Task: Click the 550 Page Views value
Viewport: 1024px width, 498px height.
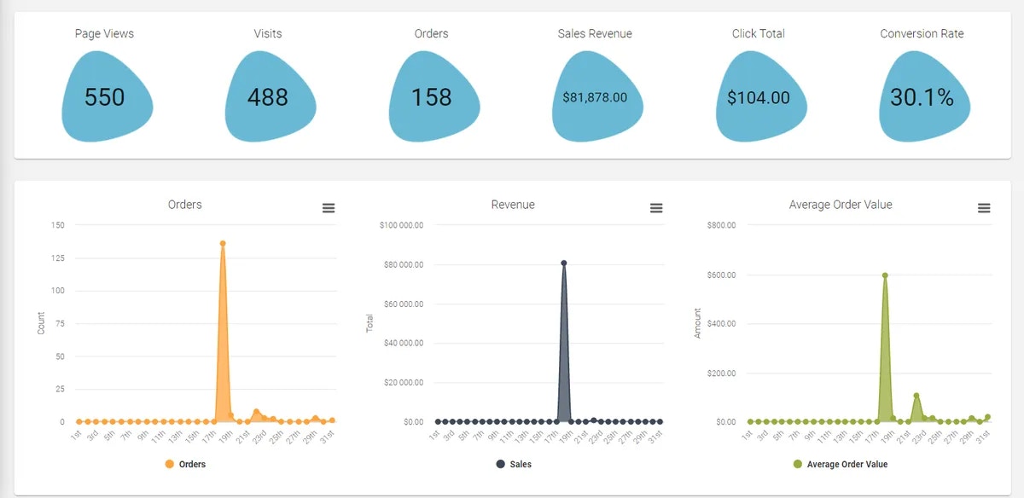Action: [105, 97]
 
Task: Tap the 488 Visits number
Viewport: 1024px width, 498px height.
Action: [268, 97]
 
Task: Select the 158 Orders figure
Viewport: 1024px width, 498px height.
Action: [432, 97]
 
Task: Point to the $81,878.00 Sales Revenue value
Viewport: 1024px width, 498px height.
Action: [595, 97]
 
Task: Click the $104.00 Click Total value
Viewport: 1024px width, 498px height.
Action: [759, 98]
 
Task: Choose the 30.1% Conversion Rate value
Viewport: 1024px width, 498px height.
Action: [922, 97]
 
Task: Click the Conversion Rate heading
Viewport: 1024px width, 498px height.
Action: [922, 34]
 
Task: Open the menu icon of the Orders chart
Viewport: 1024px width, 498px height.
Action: [329, 208]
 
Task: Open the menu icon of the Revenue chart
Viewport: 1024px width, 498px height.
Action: [656, 208]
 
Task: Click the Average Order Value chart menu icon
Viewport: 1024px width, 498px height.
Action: [984, 208]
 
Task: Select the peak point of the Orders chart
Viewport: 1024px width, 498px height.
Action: [223, 243]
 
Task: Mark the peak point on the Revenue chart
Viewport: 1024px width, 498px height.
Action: [564, 263]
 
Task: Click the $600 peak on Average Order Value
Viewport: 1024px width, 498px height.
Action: [885, 275]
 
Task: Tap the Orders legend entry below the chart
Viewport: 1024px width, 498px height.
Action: [185, 464]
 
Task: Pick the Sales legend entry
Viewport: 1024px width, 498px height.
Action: [514, 464]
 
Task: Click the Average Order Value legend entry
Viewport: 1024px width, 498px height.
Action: [841, 464]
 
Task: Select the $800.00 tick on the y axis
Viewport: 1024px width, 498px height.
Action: [721, 225]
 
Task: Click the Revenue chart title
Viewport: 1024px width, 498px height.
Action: [513, 205]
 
